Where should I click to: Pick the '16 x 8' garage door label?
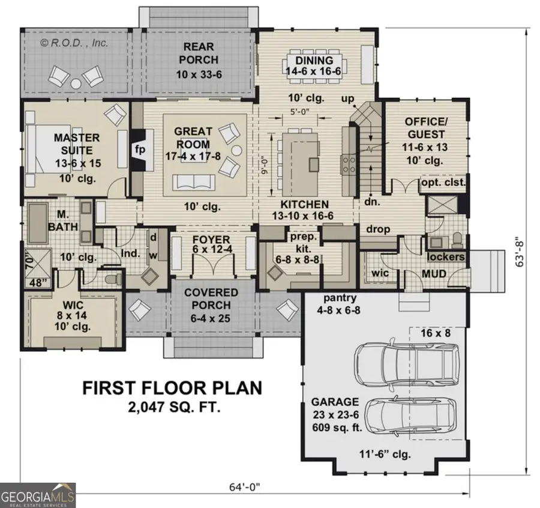435,331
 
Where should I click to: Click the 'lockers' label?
446,257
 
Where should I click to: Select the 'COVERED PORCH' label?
211,298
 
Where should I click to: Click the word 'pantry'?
340,298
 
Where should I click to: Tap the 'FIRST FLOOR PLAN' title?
172,388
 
